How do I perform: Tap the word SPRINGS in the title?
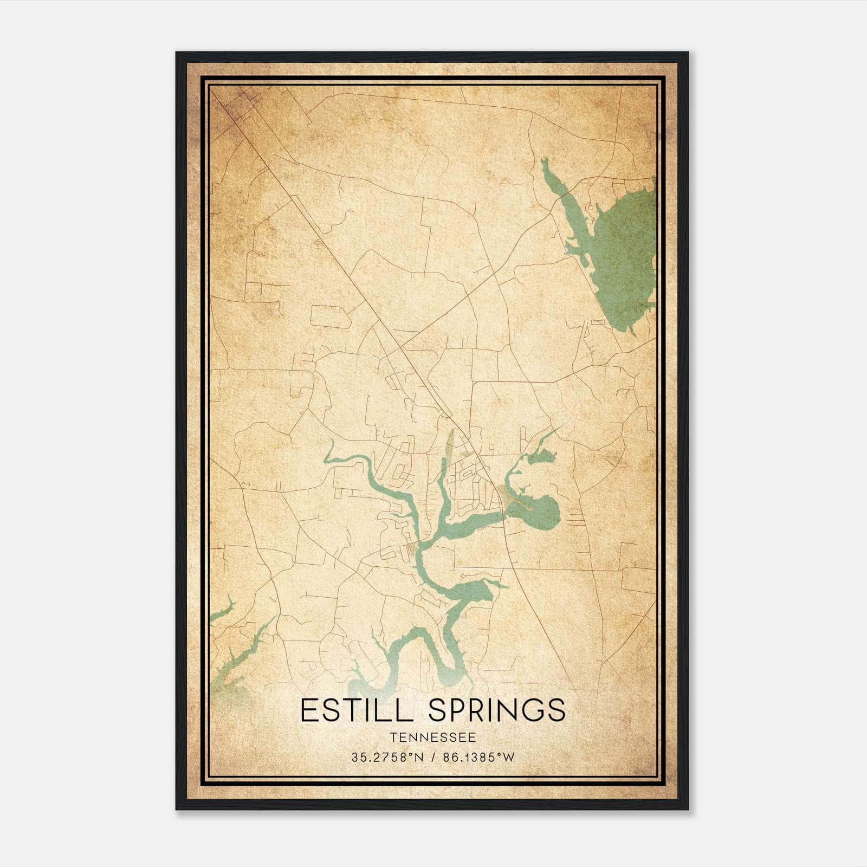pyautogui.click(x=497, y=710)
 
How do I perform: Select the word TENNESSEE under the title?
pyautogui.click(x=432, y=737)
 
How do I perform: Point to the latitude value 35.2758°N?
pyautogui.click(x=386, y=758)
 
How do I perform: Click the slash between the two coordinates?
pyautogui.click(x=432, y=758)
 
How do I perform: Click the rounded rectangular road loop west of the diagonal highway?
pyautogui.click(x=331, y=316)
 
